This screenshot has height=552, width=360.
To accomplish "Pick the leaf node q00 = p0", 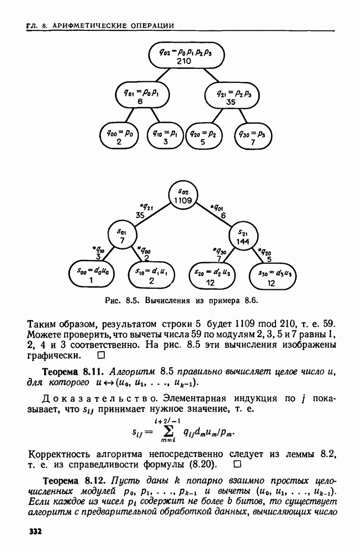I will pyautogui.click(x=119, y=137).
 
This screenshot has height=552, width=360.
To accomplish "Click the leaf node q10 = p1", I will pyautogui.click(x=165, y=137).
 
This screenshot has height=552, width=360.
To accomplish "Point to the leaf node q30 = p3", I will pyautogui.click(x=254, y=137).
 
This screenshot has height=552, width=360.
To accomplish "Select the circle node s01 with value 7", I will pyautogui.click(x=122, y=235).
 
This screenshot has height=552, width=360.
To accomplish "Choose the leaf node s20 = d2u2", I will pyautogui.click(x=210, y=275).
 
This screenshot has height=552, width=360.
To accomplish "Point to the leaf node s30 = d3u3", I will pyautogui.click(x=271, y=275).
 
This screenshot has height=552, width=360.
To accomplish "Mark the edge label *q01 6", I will pyautogui.click(x=223, y=211).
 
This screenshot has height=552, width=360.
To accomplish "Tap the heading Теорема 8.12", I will pyautogui.click(x=71, y=477).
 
